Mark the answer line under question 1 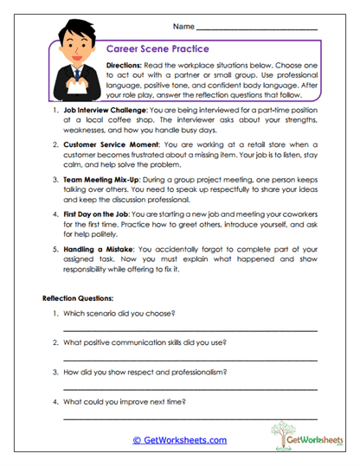click(x=190, y=330)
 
